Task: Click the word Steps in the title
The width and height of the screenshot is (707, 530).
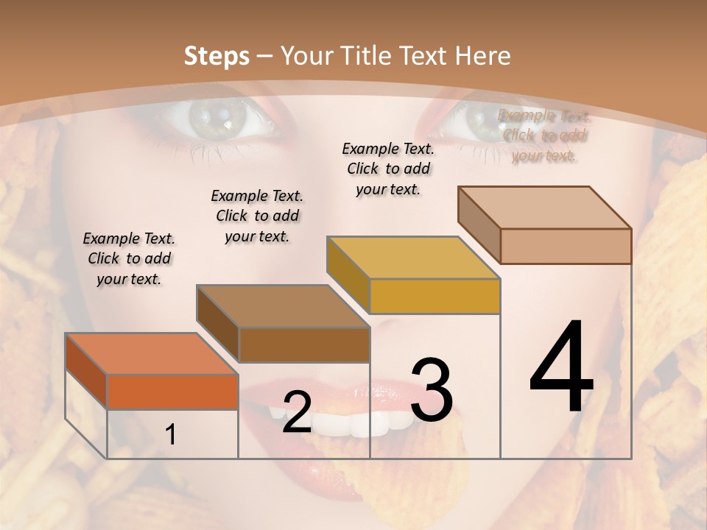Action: [217, 56]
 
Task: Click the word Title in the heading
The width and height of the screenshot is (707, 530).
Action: [366, 56]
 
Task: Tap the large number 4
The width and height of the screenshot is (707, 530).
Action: [561, 368]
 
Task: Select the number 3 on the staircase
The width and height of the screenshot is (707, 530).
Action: [431, 390]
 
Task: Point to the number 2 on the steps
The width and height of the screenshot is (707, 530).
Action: [297, 412]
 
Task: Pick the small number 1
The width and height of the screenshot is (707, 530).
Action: [171, 435]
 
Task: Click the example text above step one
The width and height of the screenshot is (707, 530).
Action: [129, 258]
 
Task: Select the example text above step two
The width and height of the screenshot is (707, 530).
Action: [257, 216]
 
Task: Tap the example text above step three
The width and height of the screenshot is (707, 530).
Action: [388, 169]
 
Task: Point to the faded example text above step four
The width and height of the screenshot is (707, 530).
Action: [544, 135]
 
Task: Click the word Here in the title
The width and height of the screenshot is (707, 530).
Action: [483, 56]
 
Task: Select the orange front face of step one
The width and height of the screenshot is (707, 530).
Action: [172, 392]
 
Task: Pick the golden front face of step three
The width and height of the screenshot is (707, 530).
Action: [435, 296]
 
